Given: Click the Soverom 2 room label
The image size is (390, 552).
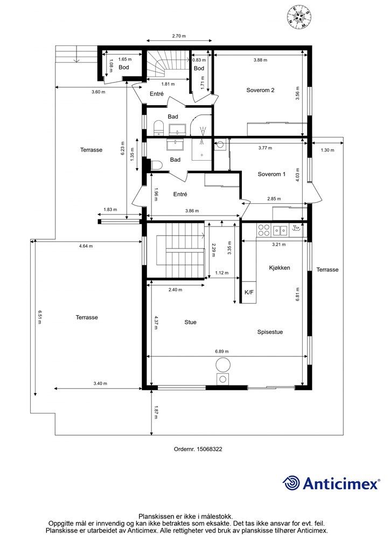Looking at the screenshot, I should (260, 90).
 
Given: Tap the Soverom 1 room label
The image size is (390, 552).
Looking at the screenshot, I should (271, 174).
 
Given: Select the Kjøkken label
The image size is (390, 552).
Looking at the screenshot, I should (280, 267).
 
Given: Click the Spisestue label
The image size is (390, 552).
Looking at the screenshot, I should (270, 332).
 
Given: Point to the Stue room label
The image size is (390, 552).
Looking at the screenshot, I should (190, 322).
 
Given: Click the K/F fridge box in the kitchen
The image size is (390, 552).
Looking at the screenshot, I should (249, 293).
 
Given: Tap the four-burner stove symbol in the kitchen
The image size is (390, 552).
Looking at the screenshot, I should (263, 230).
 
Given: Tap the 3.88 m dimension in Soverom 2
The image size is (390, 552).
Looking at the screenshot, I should (260, 60).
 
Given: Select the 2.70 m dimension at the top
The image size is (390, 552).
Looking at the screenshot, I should (179, 36).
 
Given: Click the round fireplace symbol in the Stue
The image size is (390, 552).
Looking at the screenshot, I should (222, 365).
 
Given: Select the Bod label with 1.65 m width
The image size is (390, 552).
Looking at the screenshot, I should (124, 67).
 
